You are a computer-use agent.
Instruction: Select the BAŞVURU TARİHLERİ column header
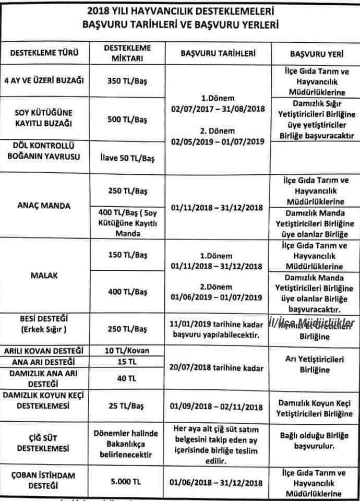point(218,53)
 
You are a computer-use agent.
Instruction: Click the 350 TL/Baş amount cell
point(127,81)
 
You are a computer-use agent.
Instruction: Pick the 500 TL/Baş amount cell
point(127,120)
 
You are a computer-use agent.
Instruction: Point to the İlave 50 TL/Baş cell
point(127,157)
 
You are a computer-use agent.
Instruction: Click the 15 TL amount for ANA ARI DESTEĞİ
point(127,361)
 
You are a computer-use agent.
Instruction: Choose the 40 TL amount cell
point(127,377)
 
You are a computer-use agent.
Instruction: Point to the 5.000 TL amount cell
point(127,480)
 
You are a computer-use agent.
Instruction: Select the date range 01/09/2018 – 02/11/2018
point(218,407)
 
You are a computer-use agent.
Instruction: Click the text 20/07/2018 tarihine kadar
point(218,367)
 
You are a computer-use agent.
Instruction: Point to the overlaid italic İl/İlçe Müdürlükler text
point(311,324)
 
